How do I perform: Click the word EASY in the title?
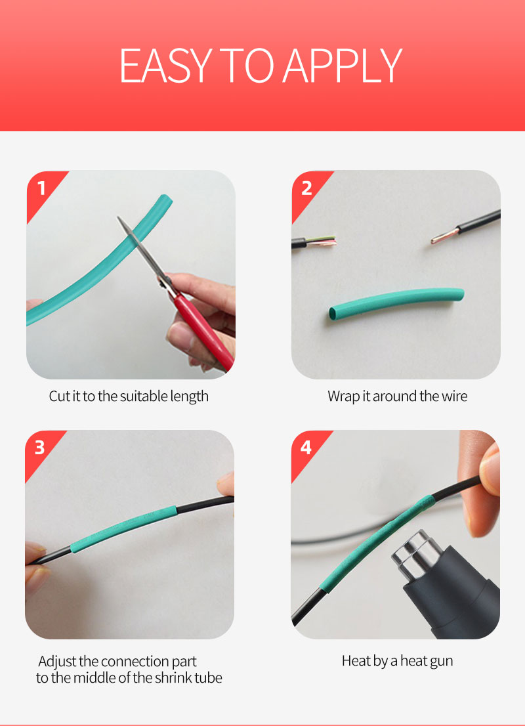coord(166,65)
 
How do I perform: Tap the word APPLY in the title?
coord(342,65)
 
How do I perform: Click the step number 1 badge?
coord(41,188)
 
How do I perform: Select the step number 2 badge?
coord(306,188)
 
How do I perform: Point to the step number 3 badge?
coord(40,448)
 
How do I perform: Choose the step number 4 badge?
coord(306,448)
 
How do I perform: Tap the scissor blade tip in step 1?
coord(119,218)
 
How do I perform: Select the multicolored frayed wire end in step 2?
coord(322,241)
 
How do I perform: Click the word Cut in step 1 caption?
coord(59,396)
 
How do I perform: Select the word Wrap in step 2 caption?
coord(343,396)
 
